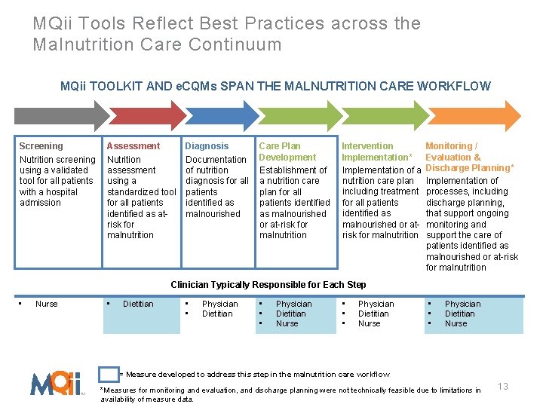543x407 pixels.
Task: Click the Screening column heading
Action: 41,146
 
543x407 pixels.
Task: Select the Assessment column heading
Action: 133,146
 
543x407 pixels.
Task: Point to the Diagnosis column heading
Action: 207,146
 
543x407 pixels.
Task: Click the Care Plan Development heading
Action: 287,151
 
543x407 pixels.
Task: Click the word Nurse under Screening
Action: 46,304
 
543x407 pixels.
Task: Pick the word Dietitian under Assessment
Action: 138,304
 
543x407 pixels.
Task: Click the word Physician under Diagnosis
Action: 219,304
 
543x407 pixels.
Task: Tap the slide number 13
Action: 503,387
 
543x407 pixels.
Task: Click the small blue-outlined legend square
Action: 109,374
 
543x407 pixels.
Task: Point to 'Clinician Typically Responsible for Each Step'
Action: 268,285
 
